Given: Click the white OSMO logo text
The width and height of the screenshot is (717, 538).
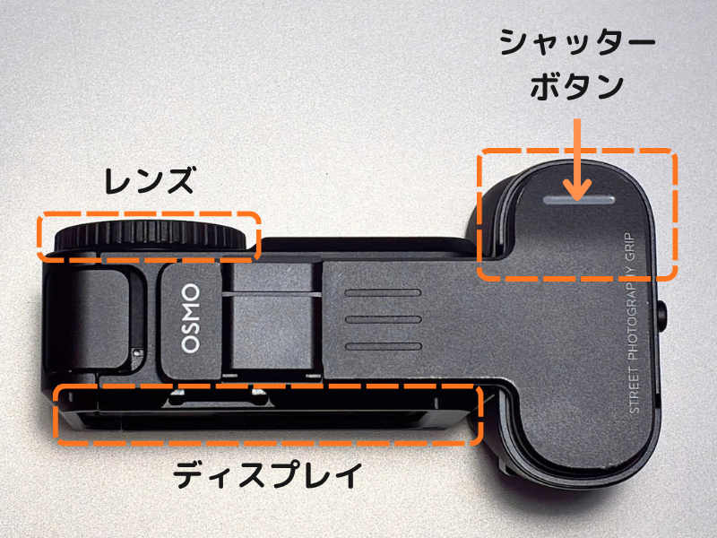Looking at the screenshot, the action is click(191, 318).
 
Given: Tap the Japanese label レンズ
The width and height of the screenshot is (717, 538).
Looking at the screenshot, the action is click(150, 180).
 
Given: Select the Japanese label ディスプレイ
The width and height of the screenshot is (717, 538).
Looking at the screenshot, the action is click(267, 475).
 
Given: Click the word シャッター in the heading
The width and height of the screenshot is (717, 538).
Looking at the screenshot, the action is click(578, 42).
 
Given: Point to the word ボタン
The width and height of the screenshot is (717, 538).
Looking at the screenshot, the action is click(577, 86).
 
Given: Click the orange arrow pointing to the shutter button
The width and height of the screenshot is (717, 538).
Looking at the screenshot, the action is click(577, 160).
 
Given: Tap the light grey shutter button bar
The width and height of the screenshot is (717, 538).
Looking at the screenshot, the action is click(579, 200).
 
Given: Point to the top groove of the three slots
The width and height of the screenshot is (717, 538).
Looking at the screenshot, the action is click(383, 293).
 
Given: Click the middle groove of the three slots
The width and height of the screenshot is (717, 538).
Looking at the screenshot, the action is click(383, 319).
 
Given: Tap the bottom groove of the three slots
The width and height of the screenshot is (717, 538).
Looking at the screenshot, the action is click(383, 346).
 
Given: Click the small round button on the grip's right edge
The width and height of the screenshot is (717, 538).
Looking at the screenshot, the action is click(661, 315).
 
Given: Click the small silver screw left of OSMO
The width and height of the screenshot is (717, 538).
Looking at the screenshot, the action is click(136, 351).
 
